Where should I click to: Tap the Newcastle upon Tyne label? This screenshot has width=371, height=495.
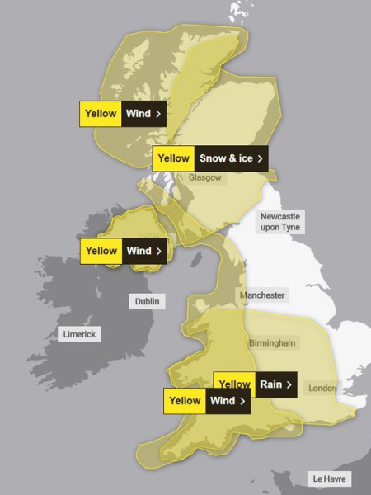279,220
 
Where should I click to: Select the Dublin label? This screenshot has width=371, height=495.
148,301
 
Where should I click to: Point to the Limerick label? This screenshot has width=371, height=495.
79,334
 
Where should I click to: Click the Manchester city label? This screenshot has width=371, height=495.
262,295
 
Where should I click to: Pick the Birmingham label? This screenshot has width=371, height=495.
273,342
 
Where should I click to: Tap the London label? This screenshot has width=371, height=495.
322,388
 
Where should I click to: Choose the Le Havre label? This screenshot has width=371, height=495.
329,478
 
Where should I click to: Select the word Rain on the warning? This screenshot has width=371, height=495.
270,384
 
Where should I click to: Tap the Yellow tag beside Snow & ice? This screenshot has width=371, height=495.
173,158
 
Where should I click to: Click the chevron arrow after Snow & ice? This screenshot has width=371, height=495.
261,158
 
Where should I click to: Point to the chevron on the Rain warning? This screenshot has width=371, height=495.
289,384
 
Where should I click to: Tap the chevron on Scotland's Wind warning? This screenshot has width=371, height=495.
157,114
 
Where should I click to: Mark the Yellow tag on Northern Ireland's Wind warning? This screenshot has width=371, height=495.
101,251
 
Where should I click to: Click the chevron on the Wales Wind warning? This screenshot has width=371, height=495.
242,401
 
